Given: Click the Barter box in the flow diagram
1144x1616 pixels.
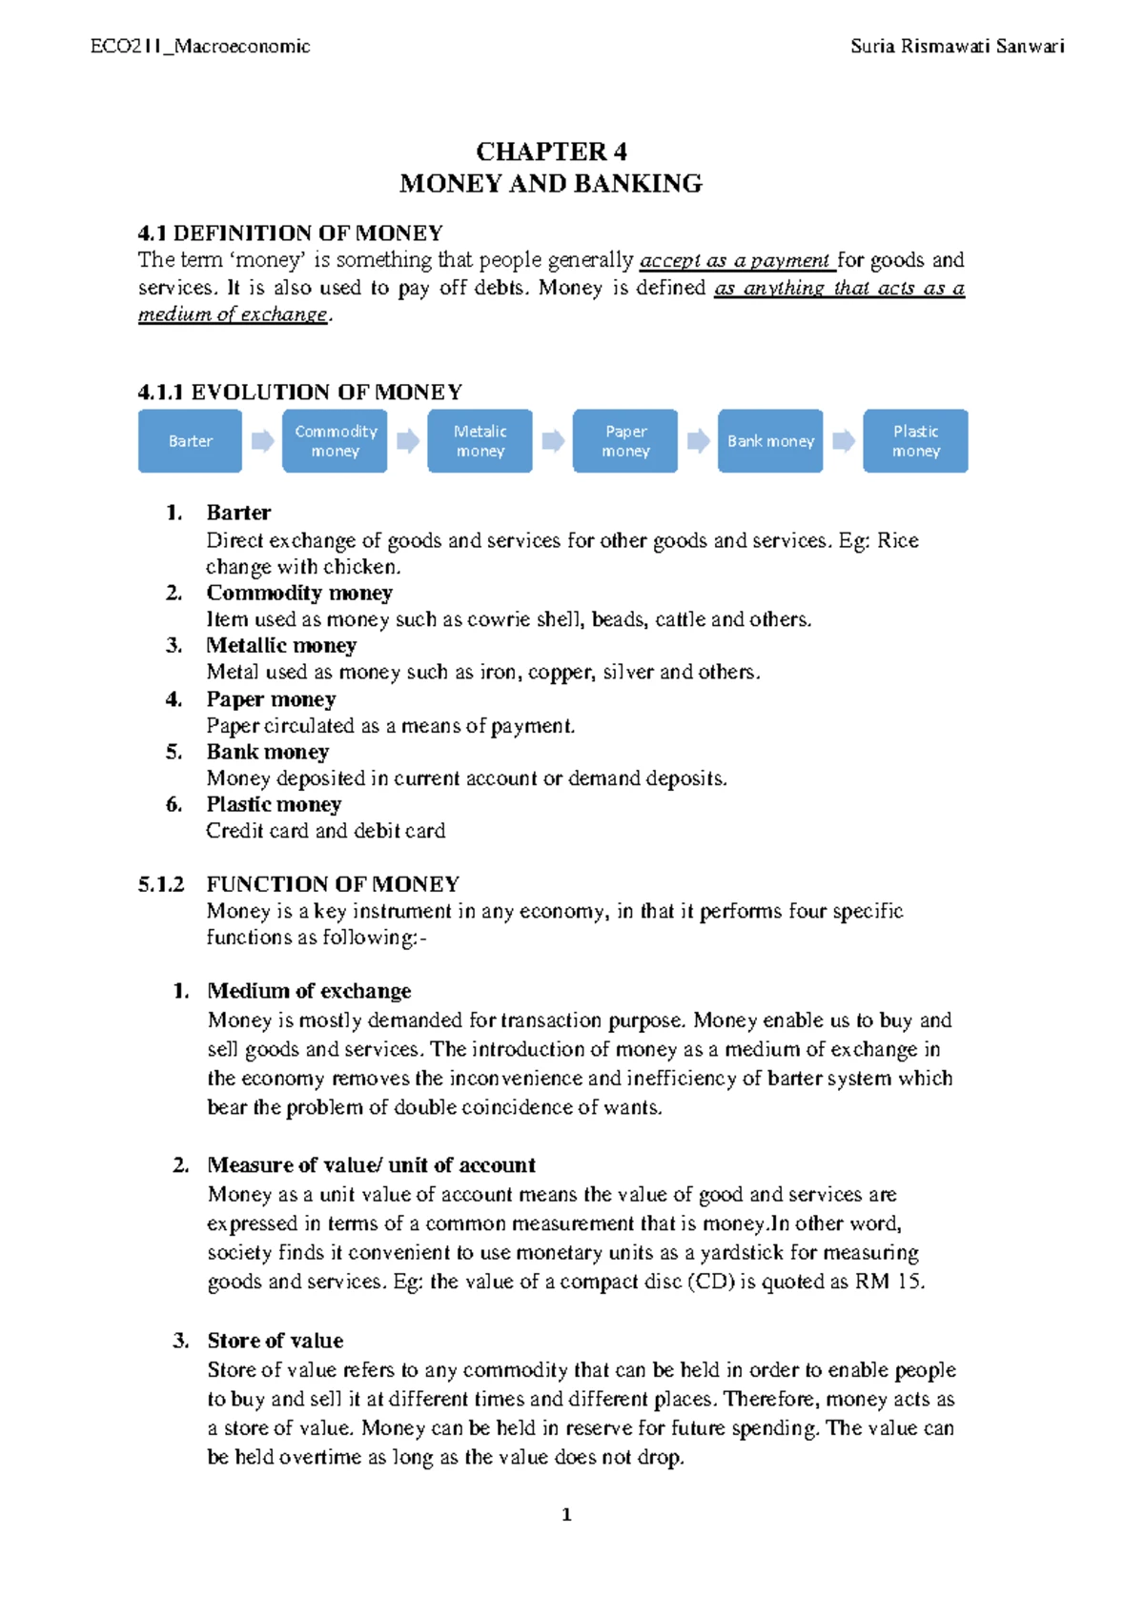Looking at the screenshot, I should click(190, 441).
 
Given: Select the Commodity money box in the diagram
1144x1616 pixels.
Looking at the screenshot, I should click(335, 441).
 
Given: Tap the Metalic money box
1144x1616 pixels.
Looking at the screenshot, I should click(480, 441).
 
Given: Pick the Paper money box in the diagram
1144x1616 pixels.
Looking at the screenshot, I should click(625, 441).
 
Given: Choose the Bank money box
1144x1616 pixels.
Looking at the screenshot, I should click(770, 441).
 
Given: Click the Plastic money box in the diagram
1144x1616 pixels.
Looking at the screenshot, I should click(915, 441).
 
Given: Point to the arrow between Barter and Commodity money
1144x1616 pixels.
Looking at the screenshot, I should click(262, 440).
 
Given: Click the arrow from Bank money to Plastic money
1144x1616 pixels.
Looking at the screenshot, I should click(843, 440).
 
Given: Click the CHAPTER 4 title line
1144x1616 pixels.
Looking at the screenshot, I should click(551, 151).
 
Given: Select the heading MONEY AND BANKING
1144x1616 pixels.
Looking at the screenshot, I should click(551, 183).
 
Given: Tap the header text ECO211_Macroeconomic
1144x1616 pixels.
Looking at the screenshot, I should click(200, 46).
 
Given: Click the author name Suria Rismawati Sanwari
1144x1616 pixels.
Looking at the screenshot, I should click(957, 46).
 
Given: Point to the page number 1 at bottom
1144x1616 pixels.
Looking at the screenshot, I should click(567, 1515).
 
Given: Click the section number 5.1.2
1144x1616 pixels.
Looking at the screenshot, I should click(161, 883).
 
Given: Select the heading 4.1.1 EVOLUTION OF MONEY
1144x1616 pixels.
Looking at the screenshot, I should click(299, 392).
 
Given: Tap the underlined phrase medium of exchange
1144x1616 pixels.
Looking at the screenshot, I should click(233, 314).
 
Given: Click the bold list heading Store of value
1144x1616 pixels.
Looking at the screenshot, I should click(276, 1340).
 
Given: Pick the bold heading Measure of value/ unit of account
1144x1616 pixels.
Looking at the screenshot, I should click(371, 1164).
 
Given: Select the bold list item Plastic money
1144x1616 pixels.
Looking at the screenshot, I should click(274, 804).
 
